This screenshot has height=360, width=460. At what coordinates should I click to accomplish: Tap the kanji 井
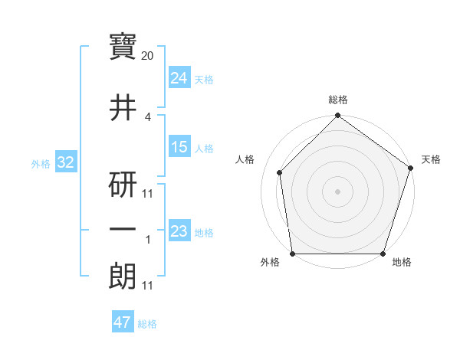coord(123,108)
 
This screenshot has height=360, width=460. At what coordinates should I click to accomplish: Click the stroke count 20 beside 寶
coord(148,56)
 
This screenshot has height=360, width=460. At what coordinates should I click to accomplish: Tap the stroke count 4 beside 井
coord(148,117)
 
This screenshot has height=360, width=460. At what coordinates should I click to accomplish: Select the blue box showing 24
coord(179,78)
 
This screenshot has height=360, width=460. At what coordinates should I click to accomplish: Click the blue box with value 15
coord(179,147)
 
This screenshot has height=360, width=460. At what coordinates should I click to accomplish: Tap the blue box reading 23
coord(179,231)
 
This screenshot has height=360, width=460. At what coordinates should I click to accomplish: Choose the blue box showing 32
coord(64,162)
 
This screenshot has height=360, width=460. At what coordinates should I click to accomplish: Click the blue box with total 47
coord(123,322)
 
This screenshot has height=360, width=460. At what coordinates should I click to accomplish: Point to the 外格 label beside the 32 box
coord(40,163)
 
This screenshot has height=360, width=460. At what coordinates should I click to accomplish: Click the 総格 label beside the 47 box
coord(147,324)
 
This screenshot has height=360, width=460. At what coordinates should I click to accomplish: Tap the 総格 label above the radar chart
coord(338,100)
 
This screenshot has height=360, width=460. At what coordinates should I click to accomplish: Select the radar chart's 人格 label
coord(245,159)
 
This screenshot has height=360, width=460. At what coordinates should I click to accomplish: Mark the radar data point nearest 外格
coord(292,254)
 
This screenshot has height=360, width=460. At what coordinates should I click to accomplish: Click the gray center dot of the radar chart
coord(337,191)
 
